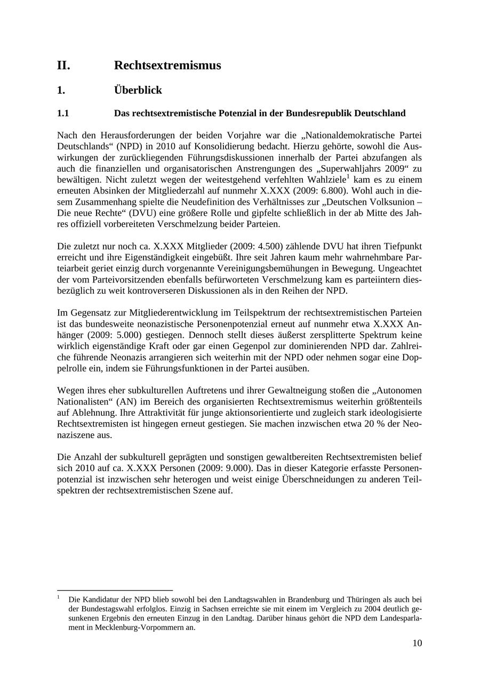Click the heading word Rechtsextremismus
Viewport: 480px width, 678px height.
(167, 66)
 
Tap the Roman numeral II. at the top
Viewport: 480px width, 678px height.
(63, 66)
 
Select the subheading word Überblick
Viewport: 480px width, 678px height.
(138, 90)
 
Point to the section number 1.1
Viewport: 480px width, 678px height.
(63, 114)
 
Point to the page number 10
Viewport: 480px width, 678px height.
(417, 643)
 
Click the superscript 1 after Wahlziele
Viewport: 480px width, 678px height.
(348, 177)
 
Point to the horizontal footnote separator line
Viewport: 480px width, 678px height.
(115, 591)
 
